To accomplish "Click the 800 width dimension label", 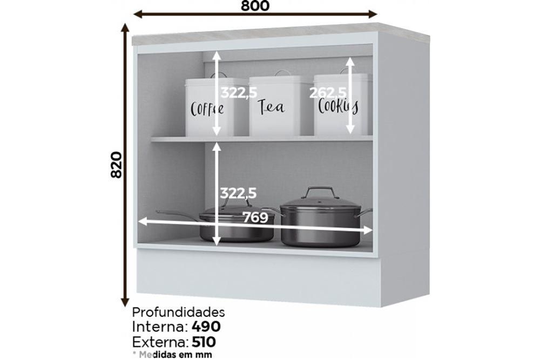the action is (x=255, y=5).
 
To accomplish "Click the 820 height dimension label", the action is (x=117, y=165).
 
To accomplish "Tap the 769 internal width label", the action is (x=255, y=218).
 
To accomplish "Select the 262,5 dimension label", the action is (x=328, y=93).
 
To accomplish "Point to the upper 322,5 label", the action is (x=239, y=93).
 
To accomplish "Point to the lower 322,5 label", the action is (x=238, y=193).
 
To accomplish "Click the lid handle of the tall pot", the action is (x=318, y=192).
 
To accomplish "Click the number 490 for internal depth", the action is (x=206, y=327).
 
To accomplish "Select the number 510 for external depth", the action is (x=204, y=342).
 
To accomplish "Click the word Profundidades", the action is (x=178, y=312).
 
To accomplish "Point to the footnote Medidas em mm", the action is (x=172, y=354).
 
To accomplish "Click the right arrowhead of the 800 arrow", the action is (x=373, y=14).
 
